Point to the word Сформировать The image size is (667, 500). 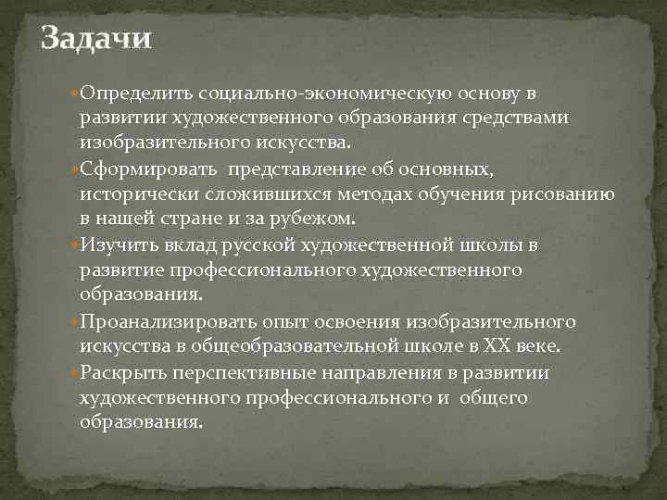[148, 169]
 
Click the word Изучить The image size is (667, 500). [117, 244]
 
